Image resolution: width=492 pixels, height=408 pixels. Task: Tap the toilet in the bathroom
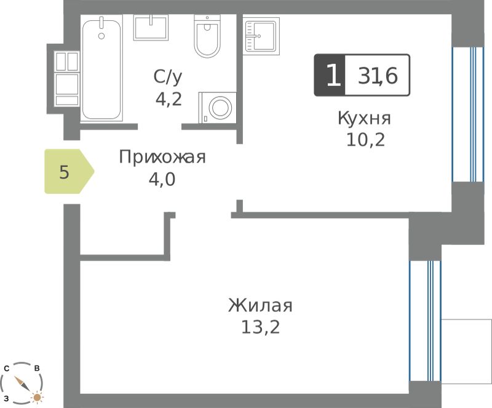tap(207, 36)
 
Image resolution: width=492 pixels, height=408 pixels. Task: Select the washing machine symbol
tap(218, 108)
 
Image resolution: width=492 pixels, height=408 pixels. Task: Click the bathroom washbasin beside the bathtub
tap(151, 27)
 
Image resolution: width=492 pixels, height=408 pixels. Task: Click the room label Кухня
tap(364, 118)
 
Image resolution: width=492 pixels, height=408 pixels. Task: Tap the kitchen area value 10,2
tap(365, 140)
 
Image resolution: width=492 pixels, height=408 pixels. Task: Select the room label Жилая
tap(260, 305)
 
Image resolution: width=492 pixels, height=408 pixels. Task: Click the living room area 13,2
tap(260, 327)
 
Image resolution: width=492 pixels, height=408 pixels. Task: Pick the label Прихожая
tap(162, 157)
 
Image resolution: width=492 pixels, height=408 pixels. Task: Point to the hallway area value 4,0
tap(162, 180)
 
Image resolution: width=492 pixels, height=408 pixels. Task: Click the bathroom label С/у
tap(168, 77)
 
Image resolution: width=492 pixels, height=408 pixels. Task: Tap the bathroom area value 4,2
tap(169, 99)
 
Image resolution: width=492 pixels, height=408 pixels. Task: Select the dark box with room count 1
tap(330, 75)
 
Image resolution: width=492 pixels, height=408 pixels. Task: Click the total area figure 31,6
tap(378, 75)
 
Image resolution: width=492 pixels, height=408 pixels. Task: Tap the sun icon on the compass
tap(37, 398)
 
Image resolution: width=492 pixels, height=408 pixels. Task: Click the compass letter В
tap(37, 368)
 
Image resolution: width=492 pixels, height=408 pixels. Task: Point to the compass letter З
tap(6, 399)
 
